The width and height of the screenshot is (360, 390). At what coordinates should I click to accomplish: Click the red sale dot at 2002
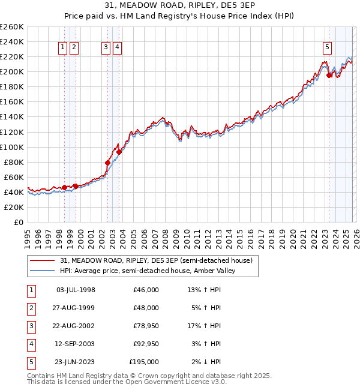click(108, 163)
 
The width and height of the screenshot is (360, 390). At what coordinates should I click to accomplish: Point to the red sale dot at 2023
click(329, 75)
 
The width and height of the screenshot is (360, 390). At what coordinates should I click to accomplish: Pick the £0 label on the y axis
click(18, 222)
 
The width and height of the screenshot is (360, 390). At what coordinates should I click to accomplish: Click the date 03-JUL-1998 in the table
click(75, 290)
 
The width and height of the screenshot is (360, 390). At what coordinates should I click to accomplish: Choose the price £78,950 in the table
click(144, 326)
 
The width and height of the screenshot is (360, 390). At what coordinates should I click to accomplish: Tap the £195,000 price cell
click(144, 362)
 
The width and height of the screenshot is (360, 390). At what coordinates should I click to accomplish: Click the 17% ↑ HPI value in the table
click(204, 326)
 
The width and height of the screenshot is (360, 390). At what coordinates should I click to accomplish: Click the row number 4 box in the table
click(30, 344)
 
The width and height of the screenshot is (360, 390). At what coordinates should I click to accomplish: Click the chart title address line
click(179, 7)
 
